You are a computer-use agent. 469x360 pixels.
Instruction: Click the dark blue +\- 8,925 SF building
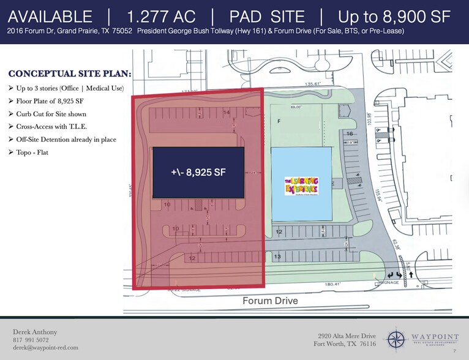pos(198,173)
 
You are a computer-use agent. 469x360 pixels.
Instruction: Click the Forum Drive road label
pos(269,301)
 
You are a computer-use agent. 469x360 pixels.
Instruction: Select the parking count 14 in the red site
pos(227,113)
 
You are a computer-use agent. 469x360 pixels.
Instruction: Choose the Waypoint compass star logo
pos(396,340)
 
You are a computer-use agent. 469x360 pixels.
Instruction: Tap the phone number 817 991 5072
pos(31,340)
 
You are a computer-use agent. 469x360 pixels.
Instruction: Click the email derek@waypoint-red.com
pos(45,348)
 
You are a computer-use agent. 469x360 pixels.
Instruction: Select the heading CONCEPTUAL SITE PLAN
pos(69,75)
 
